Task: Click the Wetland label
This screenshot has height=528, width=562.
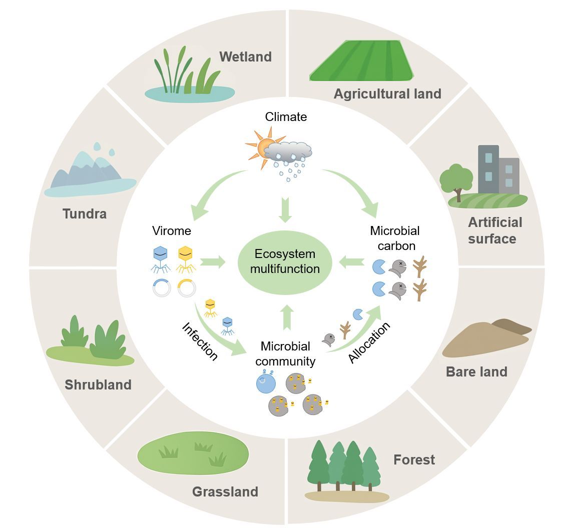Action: (245, 56)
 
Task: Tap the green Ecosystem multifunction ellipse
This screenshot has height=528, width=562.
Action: (285, 261)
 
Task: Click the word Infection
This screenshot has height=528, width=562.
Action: (200, 341)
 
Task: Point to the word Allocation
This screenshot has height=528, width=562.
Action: (369, 343)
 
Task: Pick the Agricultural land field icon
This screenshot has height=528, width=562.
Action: (361, 60)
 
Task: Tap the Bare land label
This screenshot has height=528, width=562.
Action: (476, 372)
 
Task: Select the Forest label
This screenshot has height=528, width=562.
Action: (414, 459)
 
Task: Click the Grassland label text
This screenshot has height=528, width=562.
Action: (225, 491)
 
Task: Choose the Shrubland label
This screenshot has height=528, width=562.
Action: (98, 385)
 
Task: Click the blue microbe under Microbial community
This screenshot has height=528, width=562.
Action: (266, 383)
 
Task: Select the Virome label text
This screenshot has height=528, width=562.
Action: (172, 231)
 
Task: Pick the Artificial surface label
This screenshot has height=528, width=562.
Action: (494, 230)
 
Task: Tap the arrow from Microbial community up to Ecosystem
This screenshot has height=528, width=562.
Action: (286, 316)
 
